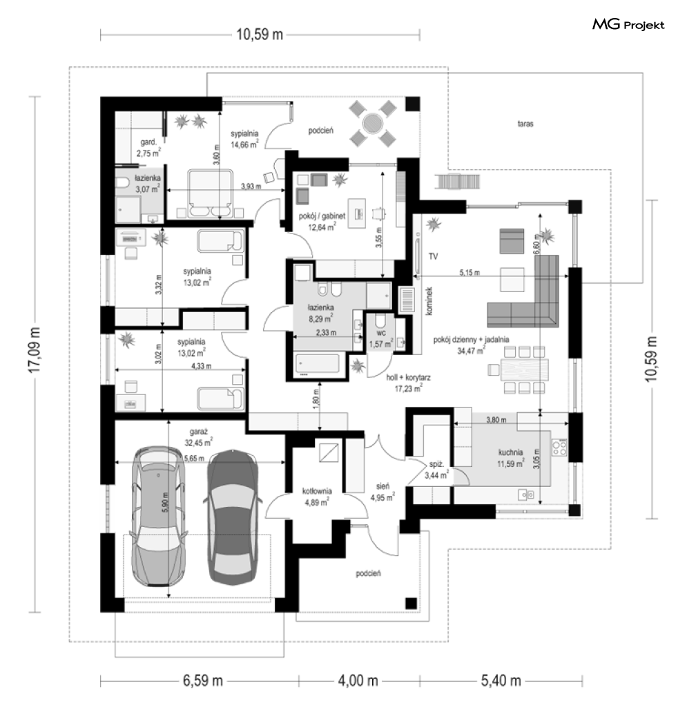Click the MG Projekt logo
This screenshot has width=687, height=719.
click(628, 24)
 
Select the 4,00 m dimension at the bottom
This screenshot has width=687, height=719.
click(358, 681)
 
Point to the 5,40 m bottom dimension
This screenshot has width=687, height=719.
click(501, 681)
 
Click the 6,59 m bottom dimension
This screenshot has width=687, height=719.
click(202, 681)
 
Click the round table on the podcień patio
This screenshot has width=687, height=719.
click(372, 123)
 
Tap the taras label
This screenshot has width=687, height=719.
click(525, 124)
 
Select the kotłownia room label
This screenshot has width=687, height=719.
click(317, 491)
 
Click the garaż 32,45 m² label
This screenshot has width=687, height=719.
click(198, 437)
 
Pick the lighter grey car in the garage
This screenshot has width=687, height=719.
click(159, 515)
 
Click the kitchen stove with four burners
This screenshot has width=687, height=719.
click(559, 448)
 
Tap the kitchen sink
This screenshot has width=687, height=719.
click(526, 495)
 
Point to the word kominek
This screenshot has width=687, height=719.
click(429, 301)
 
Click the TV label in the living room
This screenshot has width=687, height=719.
click(433, 256)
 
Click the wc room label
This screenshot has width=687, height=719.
click(381, 333)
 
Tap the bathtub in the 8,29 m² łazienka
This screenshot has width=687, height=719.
click(318, 363)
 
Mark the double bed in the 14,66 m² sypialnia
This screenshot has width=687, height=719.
click(211, 193)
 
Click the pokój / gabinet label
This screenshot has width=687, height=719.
click(322, 215)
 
